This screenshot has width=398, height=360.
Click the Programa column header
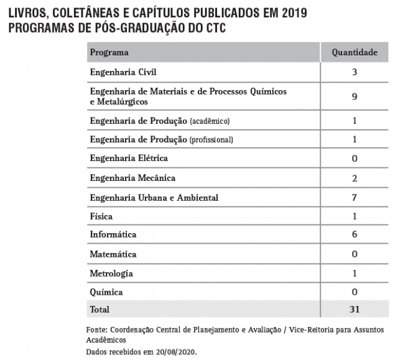pyautogui.click(x=109, y=52)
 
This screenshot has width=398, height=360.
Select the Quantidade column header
pyautogui.click(x=354, y=52)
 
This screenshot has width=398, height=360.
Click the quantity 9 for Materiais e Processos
pyautogui.click(x=354, y=96)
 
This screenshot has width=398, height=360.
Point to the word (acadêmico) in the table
pyautogui.click(x=214, y=121)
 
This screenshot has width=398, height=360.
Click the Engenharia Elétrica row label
pyautogui.click(x=129, y=159)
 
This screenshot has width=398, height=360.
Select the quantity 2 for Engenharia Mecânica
pyautogui.click(x=354, y=178)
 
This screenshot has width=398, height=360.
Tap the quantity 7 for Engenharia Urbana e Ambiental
pyautogui.click(x=354, y=197)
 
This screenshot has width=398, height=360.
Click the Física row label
pyautogui.click(x=101, y=216)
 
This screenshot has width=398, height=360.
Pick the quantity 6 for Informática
pyautogui.click(x=354, y=235)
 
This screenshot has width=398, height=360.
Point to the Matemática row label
pyautogui.click(x=113, y=254)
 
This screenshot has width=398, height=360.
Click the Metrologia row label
pyautogui.click(x=111, y=274)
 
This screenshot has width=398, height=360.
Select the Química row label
pyautogui.click(x=106, y=292)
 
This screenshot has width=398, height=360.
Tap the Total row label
pyautogui.click(x=99, y=309)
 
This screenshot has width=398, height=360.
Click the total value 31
pyautogui.click(x=354, y=309)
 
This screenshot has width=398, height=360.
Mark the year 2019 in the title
pyautogui.click(x=290, y=13)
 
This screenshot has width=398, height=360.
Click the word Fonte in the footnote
pyautogui.click(x=97, y=330)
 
